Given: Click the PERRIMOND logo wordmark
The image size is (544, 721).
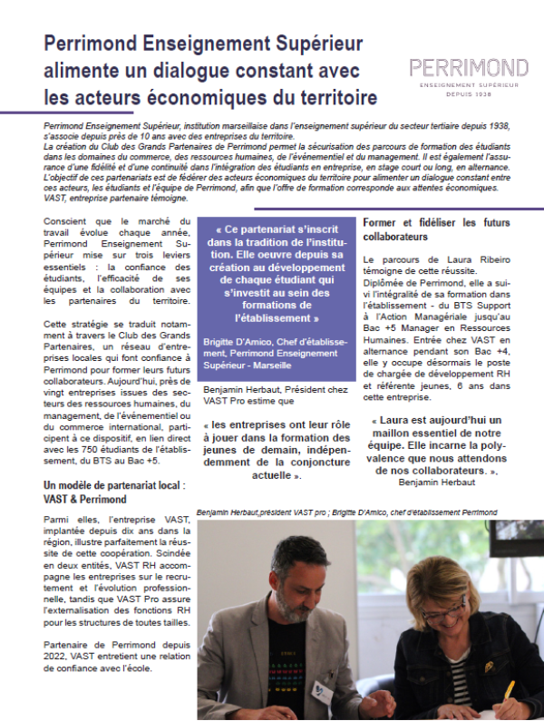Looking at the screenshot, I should tap(469, 67).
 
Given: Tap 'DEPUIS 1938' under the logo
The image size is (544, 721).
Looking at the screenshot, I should tap(469, 93).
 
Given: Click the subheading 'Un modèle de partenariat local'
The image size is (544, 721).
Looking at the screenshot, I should tap(118, 485).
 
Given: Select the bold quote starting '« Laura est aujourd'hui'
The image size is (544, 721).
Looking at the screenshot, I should tap(449, 446).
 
